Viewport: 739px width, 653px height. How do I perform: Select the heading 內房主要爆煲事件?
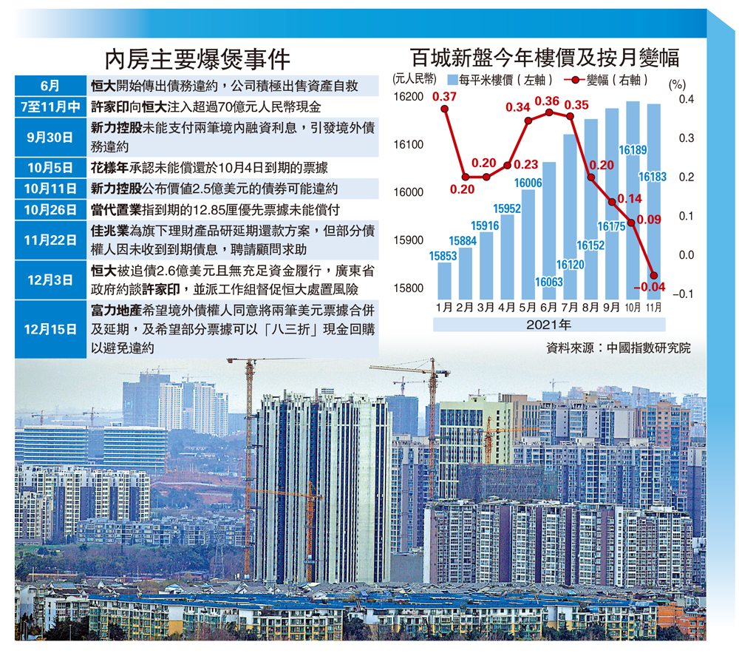coord(197,58)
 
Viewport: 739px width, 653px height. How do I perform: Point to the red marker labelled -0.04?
coord(654,275)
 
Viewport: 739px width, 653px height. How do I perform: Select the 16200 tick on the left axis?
coord(407,97)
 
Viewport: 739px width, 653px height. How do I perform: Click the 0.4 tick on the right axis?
coord(684,100)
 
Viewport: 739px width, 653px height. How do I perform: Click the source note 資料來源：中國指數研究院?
coord(617,348)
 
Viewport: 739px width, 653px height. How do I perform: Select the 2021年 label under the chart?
coord(549,324)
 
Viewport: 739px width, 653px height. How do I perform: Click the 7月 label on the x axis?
coord(570,306)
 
